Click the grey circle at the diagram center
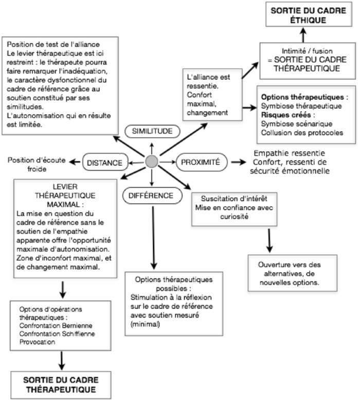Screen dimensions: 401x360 point(151,162)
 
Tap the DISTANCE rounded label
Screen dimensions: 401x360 point(105,163)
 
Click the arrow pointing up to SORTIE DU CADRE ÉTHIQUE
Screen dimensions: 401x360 point(303,35)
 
